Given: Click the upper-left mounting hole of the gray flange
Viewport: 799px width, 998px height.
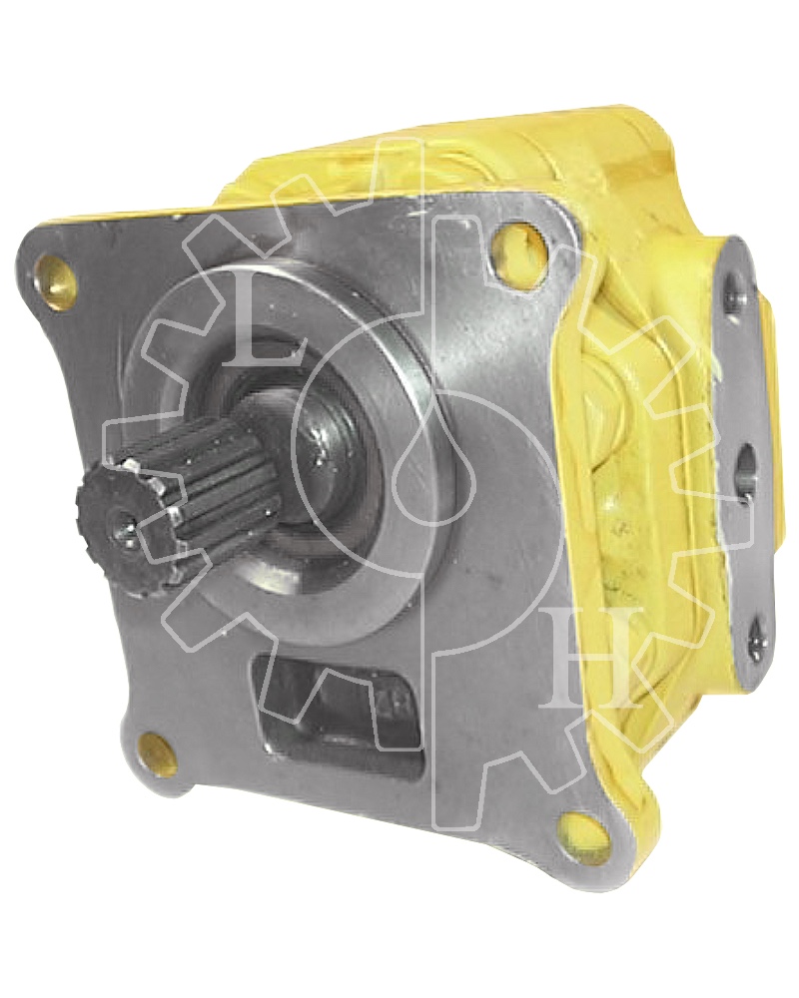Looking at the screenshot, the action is click(x=57, y=277).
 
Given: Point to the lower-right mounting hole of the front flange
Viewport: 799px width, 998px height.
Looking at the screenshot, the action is click(x=575, y=827).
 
